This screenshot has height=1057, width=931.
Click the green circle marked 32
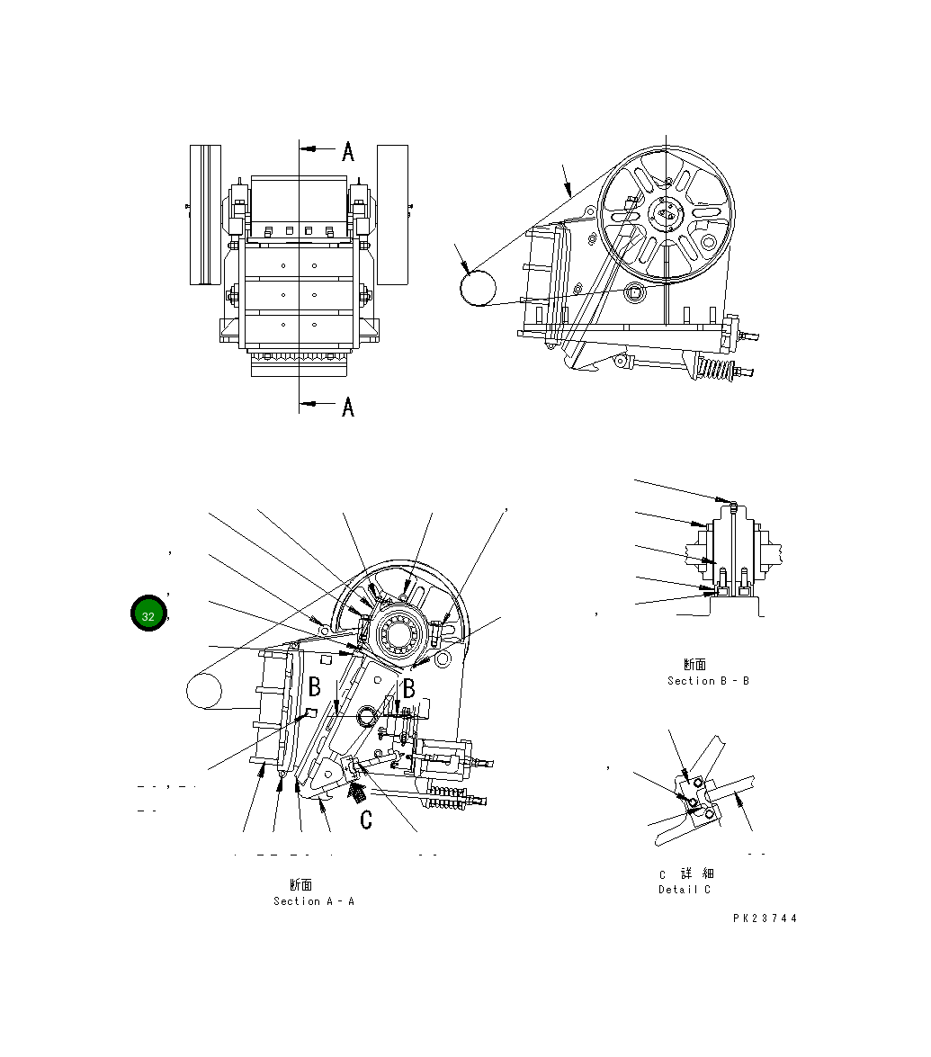pos(148,615)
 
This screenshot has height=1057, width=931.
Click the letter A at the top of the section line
pos(348,151)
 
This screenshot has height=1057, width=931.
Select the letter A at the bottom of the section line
pos(348,407)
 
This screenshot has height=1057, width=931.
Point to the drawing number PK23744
pos(765,918)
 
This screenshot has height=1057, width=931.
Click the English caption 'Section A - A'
pos(314,901)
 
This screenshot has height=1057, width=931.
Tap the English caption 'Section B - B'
pos(708,681)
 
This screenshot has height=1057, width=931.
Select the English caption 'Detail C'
pos(685,890)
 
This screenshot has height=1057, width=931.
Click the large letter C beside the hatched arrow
pos(366,820)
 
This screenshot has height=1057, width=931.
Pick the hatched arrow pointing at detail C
pos(357,793)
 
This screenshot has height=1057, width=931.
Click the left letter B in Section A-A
pos(315,688)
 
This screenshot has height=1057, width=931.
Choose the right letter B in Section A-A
pos(407,689)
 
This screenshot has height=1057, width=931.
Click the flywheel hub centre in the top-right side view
pos(667,213)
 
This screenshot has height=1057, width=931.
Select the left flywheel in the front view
pos(205,214)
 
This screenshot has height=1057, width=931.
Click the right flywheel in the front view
pos(392,214)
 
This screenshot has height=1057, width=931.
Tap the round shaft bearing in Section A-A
pos(395,635)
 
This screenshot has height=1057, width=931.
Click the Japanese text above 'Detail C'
pos(687,874)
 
